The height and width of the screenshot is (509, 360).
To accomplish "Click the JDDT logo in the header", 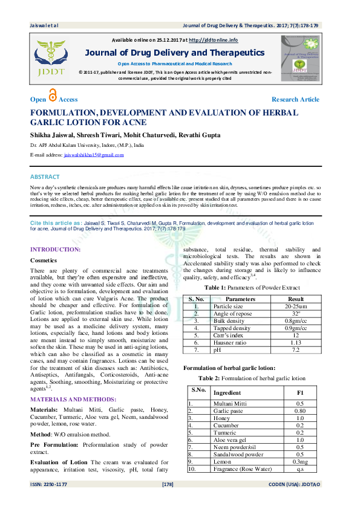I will coord(51,57).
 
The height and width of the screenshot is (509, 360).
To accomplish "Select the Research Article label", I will coord(295,99).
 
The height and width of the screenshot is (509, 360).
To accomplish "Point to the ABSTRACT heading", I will coord(45,177).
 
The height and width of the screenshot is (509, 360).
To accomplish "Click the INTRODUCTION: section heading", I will coord(55,249).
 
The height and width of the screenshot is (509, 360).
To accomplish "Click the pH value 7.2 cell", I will coord(296,350).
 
